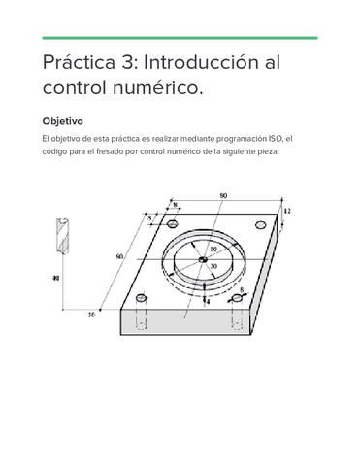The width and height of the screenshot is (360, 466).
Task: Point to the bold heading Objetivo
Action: pos(62,122)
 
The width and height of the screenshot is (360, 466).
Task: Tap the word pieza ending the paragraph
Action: pos(263,151)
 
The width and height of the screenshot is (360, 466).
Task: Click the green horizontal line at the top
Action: pos(180,38)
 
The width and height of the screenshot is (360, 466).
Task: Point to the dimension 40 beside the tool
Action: pos(55,279)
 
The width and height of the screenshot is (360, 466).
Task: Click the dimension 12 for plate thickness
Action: pos(287,210)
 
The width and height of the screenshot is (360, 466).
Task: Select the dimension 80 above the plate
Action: pos(224,196)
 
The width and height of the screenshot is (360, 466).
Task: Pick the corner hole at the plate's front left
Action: pos(142,300)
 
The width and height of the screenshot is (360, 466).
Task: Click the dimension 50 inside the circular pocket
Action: pos(213,250)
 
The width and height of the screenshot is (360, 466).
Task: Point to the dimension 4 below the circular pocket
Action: pos(207,302)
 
